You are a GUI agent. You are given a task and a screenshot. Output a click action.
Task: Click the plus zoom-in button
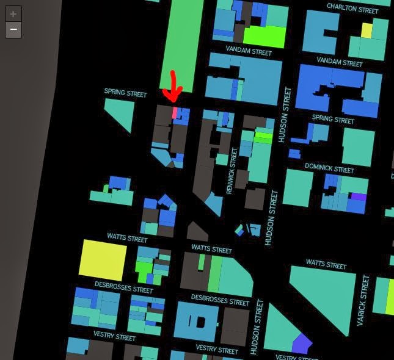(13, 14)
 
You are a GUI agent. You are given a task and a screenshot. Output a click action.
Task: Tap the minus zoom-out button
(13, 29)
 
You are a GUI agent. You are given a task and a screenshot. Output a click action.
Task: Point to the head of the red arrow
(173, 99)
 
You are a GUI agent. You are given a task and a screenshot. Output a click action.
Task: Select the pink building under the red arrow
(175, 113)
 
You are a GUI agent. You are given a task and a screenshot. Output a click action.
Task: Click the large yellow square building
(103, 260)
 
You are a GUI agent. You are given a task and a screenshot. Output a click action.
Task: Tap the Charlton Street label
(352, 9)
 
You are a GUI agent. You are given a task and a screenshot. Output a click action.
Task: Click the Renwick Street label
(232, 171)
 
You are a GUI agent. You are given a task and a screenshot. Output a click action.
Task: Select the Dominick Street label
(329, 168)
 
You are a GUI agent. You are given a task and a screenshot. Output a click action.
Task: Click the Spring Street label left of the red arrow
(125, 93)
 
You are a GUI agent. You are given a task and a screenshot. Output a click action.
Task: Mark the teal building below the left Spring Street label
(121, 113)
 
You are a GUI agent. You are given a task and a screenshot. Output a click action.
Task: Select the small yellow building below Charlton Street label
(367, 30)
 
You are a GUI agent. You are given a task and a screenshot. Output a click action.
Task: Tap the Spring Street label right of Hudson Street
(333, 118)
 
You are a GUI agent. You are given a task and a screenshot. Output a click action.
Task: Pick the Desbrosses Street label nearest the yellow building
(123, 287)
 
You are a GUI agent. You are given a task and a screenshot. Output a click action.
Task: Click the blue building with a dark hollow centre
(196, 320)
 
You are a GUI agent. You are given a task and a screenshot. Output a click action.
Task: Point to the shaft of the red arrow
(173, 83)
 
